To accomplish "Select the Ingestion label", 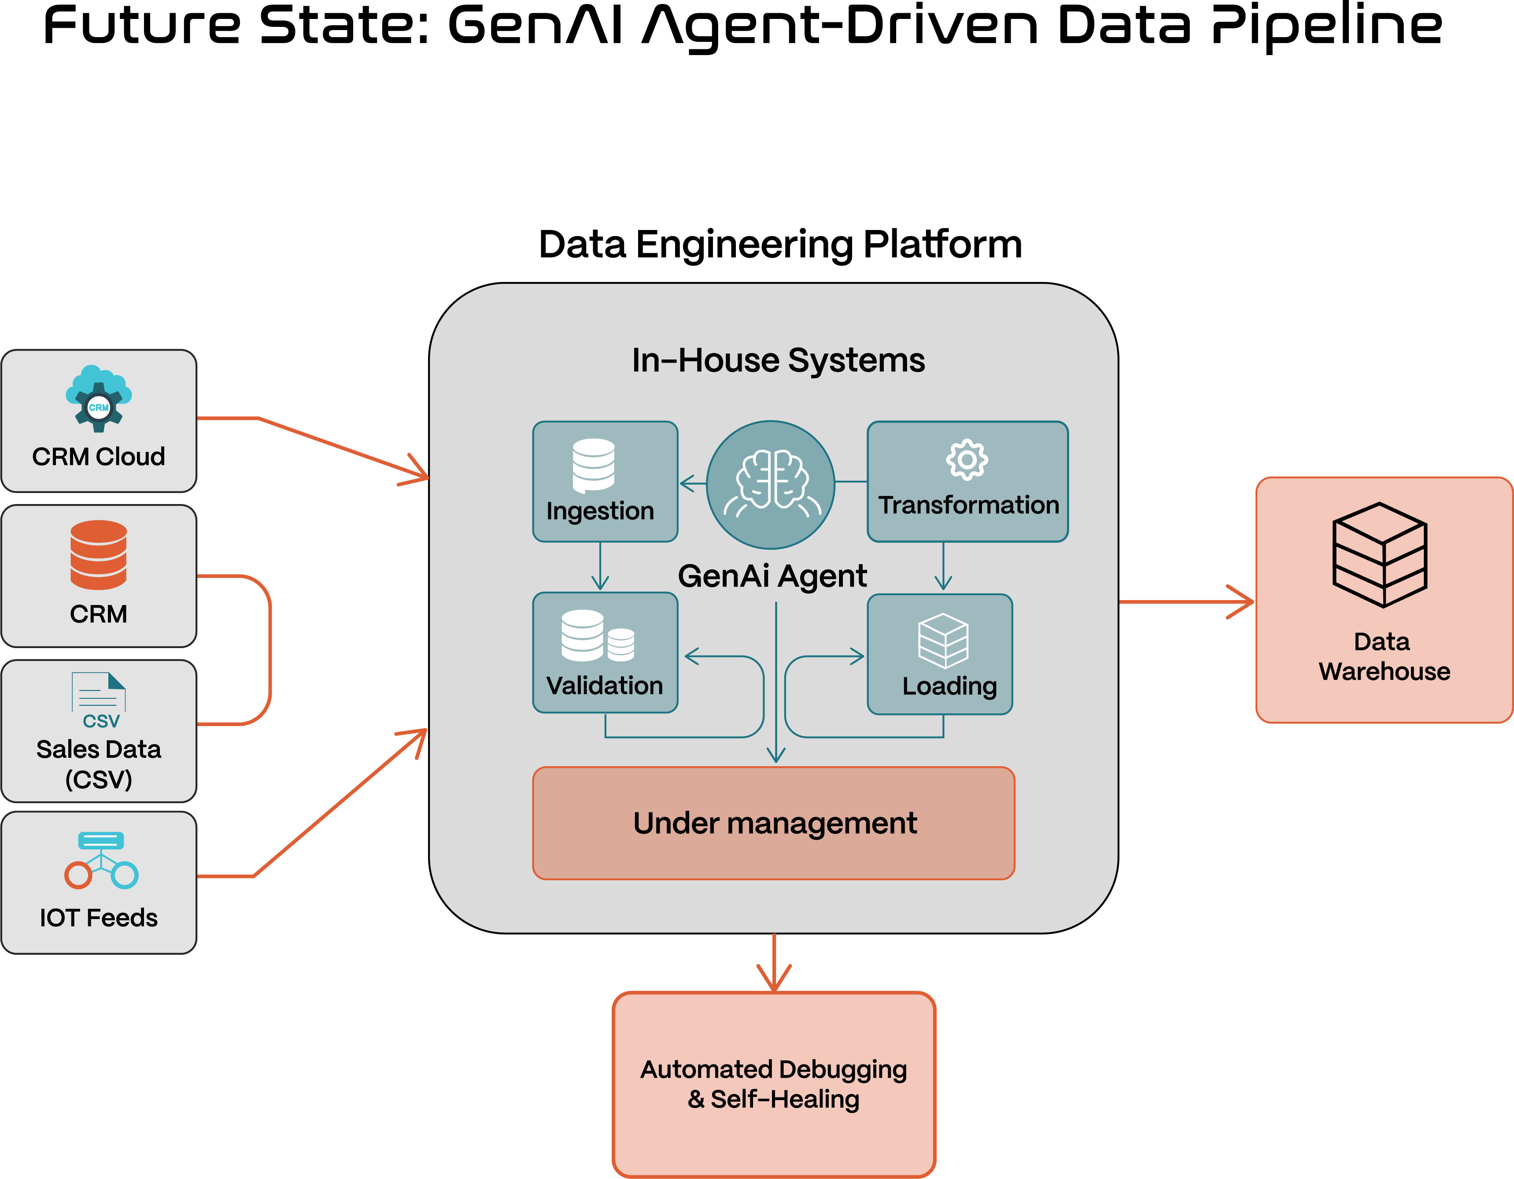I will coord(600,511).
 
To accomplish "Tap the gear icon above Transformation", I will coord(967,460).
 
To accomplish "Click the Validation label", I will coord(605,686).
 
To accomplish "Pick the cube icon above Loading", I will coord(943,640).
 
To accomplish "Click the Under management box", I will coord(774,823).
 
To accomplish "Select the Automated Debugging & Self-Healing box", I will coord(774,1084).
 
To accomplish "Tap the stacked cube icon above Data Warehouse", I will coord(1380,555).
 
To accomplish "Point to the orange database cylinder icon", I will coord(99,555).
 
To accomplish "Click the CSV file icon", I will coord(99,701).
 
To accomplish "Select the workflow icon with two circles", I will coord(101,860).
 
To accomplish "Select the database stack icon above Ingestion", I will coord(593,465).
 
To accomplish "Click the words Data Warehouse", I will coord(1384,657).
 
